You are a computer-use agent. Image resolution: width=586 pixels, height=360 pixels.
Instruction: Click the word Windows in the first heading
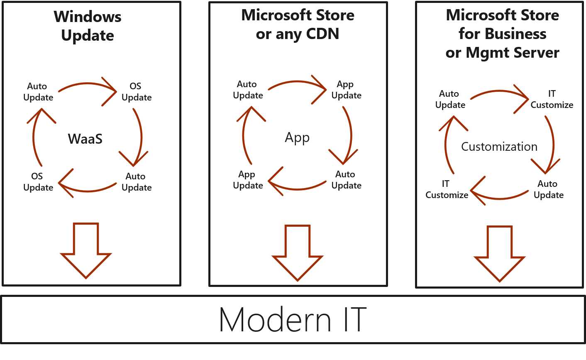click(88, 17)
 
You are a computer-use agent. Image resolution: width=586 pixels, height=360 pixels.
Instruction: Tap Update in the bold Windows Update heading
click(88, 36)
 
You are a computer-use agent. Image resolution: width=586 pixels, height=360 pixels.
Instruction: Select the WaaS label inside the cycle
click(85, 139)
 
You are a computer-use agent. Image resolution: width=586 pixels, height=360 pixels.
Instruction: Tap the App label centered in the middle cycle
click(297, 137)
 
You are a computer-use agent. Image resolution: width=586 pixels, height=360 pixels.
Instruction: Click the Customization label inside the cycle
click(499, 147)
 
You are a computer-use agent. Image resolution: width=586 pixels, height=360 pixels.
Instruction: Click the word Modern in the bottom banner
click(275, 320)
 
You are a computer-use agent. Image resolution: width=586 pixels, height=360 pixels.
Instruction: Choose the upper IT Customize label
click(552, 100)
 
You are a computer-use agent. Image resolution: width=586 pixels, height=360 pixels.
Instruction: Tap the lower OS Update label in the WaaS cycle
click(38, 182)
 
